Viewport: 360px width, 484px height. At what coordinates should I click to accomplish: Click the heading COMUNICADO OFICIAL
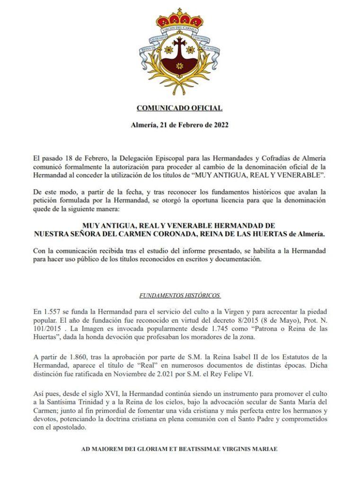click(179, 108)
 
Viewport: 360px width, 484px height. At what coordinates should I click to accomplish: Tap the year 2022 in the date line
click(220, 125)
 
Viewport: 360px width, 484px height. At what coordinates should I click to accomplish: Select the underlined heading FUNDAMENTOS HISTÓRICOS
click(180, 296)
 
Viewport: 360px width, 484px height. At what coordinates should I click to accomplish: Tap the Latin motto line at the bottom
click(179, 449)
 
